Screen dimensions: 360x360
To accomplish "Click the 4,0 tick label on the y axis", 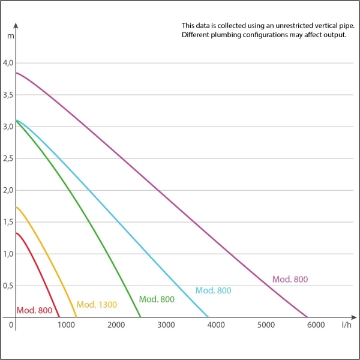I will coord(8,63).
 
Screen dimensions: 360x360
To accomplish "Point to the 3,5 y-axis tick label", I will coord(8,95).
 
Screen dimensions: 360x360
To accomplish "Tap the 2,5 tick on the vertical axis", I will coord(8,158).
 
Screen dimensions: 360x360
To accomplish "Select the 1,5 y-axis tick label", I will coord(8,222).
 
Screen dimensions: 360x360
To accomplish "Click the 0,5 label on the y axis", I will coord(8,286).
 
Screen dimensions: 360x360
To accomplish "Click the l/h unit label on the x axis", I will coord(346,325).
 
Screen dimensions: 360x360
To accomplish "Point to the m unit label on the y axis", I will coord(10,36).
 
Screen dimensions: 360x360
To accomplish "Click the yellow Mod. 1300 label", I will coord(97,304).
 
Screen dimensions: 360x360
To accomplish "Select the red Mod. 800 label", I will coord(34,310).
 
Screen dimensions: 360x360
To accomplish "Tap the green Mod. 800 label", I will coord(157,299).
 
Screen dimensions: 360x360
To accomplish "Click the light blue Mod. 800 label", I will coord(213,290).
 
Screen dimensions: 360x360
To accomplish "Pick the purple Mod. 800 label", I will coord(290,279).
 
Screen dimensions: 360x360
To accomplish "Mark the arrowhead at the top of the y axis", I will coord(16,26).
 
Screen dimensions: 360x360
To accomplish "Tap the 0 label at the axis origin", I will coord(11,325).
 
